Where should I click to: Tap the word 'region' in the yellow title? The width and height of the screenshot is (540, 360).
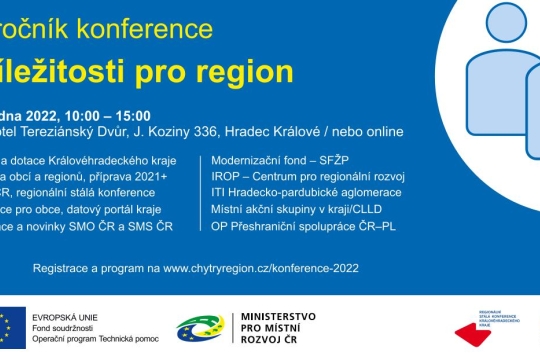click(246, 71)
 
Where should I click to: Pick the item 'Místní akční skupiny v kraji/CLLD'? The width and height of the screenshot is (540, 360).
click(298, 210)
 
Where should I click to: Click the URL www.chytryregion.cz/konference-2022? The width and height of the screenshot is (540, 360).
click(261, 268)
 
